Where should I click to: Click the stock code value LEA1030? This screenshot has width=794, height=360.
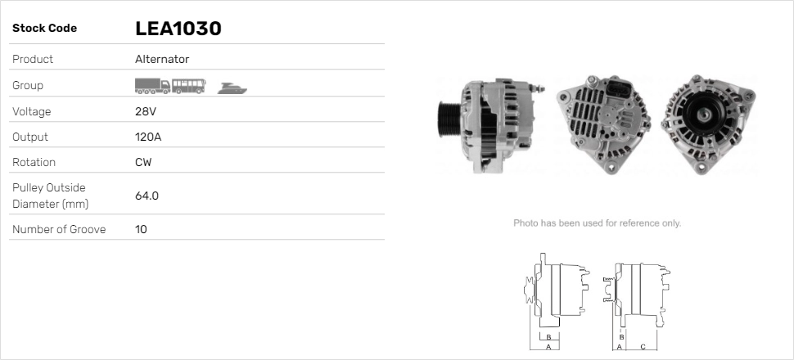click(178, 29)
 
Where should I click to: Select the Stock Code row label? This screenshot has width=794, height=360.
click(44, 29)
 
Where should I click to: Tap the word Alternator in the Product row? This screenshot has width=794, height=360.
click(162, 60)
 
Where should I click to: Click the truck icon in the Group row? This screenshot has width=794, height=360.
click(152, 85)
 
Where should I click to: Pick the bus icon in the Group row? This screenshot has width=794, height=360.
click(189, 85)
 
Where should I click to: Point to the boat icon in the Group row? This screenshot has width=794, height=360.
click(232, 88)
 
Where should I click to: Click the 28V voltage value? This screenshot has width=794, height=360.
click(145, 111)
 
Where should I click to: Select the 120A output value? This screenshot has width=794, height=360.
click(147, 137)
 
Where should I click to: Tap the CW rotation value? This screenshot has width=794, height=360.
click(142, 163)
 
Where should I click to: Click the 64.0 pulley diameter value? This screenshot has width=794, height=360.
click(147, 196)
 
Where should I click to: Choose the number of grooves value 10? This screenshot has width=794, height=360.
click(141, 230)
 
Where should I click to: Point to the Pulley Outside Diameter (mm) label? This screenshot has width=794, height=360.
click(49, 196)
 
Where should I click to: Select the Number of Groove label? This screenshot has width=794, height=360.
click(59, 230)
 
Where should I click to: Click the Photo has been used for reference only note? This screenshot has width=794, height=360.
click(597, 223)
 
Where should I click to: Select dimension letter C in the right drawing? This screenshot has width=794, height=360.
click(643, 347)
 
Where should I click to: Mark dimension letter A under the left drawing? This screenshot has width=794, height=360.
click(548, 347)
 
